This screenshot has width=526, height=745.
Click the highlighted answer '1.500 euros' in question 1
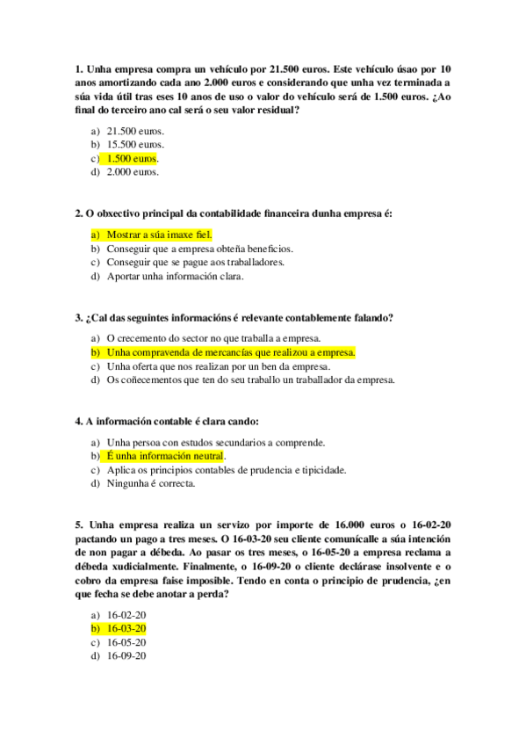point(131,158)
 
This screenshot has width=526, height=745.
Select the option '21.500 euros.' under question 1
point(135,130)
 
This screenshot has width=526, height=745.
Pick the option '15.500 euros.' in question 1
point(135,144)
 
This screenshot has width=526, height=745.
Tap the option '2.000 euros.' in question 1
point(133,172)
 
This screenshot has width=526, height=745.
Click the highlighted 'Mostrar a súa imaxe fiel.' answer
point(160,235)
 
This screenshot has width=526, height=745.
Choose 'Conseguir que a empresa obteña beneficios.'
point(199,249)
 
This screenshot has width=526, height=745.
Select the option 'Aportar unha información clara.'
point(175,276)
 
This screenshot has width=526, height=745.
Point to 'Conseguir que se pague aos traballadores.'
point(195,262)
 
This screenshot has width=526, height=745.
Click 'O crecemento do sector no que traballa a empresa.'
point(213,338)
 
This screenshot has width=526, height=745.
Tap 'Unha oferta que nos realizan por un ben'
point(217,365)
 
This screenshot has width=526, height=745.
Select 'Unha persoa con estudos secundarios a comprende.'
point(215,442)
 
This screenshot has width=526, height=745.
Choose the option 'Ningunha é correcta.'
point(151,483)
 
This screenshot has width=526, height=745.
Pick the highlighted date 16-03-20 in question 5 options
point(126,629)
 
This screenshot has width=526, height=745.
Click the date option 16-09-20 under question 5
point(126,656)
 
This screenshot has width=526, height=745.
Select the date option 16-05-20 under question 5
point(126,642)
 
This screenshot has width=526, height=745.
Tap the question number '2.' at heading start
point(79,213)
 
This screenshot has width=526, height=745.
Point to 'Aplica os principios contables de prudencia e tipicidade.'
point(227,469)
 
